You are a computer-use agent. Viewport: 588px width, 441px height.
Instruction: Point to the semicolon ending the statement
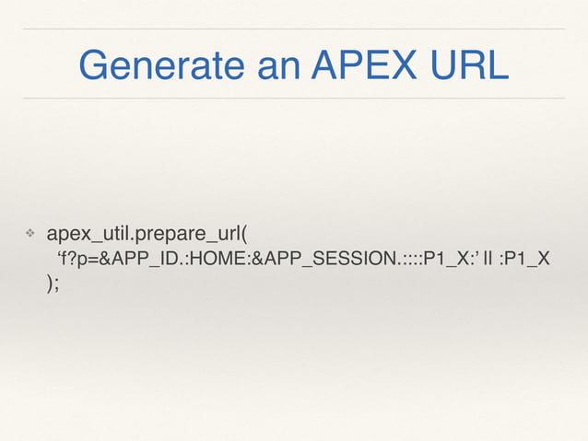click(55, 284)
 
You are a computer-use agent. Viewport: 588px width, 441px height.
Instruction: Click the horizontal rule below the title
click(294, 98)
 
